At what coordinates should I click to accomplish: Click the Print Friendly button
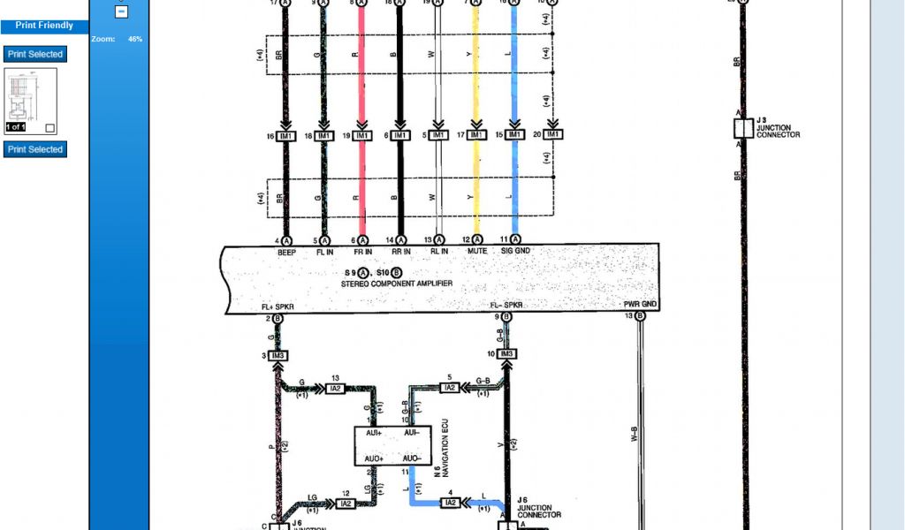44,26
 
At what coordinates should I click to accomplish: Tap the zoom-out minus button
122,12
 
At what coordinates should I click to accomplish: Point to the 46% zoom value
135,40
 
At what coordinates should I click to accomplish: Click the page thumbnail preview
31,99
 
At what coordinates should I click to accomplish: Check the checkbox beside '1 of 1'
49,128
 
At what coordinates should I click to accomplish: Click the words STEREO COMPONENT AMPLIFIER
398,284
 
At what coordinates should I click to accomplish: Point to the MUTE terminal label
477,252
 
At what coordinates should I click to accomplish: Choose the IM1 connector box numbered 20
553,135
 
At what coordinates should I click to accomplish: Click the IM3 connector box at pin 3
278,355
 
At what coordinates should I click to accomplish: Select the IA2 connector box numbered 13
335,389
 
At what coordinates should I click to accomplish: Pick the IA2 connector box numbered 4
450,503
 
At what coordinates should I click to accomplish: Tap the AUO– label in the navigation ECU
412,459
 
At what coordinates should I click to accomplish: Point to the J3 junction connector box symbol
743,129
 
